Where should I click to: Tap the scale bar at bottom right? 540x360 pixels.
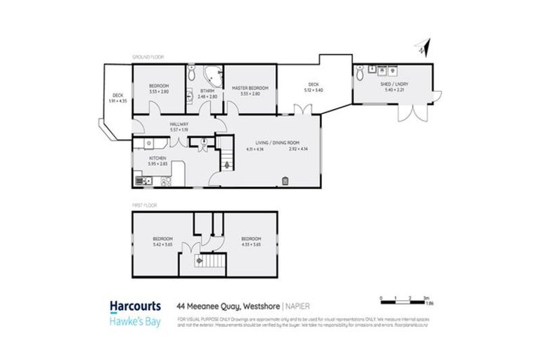pos(401,301)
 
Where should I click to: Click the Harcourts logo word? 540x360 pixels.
pos(136,306)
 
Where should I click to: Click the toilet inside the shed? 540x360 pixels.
pos(360,71)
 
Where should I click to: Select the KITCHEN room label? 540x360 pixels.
pos(157,158)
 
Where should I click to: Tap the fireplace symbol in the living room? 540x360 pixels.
pos(285,181)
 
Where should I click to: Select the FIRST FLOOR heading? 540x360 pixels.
pos(144,205)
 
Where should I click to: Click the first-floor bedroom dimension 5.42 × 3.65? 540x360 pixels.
pos(162,247)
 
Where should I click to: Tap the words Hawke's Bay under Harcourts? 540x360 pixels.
pos(136,319)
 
